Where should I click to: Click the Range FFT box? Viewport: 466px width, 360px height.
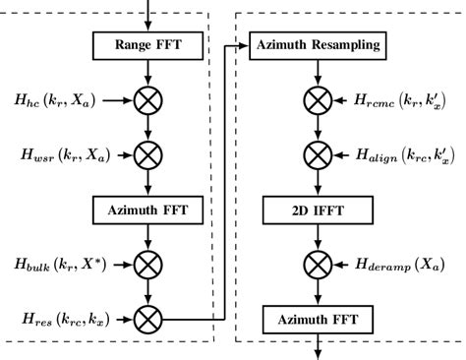click(x=146, y=45)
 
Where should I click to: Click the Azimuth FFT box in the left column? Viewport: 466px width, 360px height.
click(x=146, y=210)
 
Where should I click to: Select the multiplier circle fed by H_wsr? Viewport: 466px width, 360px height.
click(x=146, y=154)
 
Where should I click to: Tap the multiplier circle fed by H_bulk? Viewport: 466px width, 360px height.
click(x=146, y=265)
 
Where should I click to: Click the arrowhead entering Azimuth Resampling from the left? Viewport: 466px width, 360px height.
click(x=245, y=45)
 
